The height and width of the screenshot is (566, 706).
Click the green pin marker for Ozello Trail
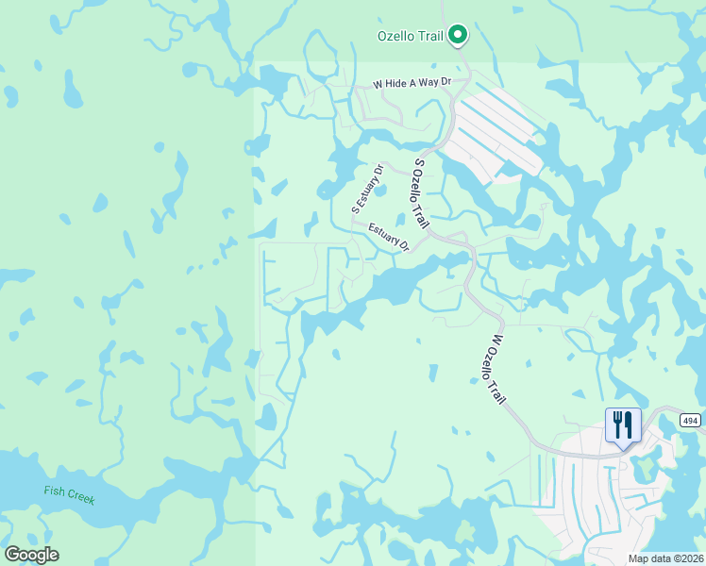click(x=458, y=36)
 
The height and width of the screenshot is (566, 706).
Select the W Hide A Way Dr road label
click(x=413, y=83)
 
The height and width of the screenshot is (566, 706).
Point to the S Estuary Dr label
click(x=368, y=189)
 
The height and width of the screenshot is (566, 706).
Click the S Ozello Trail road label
click(x=421, y=193)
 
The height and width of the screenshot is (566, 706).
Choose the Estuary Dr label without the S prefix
click(x=389, y=237)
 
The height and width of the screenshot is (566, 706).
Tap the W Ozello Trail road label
click(x=497, y=370)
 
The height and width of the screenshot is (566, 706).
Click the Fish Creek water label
click(x=70, y=493)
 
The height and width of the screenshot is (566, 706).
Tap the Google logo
click(x=31, y=555)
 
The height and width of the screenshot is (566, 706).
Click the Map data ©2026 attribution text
click(x=665, y=558)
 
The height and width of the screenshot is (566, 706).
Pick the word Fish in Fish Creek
click(x=55, y=491)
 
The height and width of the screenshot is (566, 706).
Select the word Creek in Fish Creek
click(x=80, y=496)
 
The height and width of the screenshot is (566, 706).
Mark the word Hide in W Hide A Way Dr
click(x=401, y=83)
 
